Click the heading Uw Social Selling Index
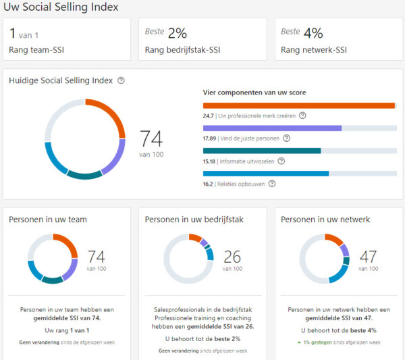coord(61,7)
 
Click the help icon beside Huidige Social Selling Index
coord(121,80)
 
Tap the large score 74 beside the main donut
coord(151,138)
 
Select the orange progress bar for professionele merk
coord(298,105)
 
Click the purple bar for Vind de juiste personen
coord(272,128)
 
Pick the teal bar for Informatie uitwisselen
coord(262,151)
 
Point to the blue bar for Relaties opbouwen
coord(266,173)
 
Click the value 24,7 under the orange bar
coord(208,115)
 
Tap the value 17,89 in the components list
coord(210,138)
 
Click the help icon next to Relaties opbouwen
coord(272,183)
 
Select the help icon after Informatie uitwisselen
coord(281,161)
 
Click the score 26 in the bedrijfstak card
coord(232,257)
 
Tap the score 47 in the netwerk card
coord(368,257)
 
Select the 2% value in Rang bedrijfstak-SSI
coord(178,33)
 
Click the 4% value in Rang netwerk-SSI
coord(313,33)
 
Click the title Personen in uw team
coord(48,220)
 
